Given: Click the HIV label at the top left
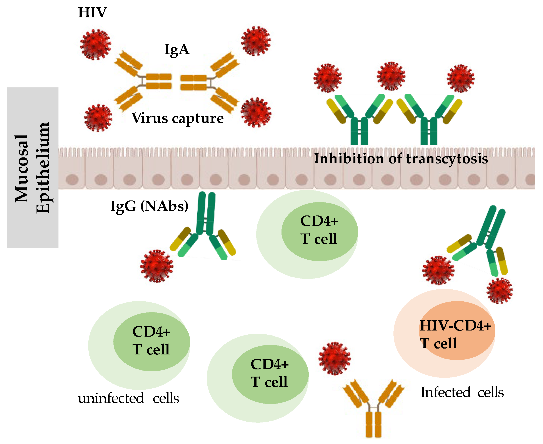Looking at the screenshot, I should coord(92,13).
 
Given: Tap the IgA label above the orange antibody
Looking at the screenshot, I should coord(177,50).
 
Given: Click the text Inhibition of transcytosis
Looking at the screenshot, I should coord(401,159).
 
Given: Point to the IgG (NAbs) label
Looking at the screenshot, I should coord(149,206).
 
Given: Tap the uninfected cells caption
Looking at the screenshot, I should coord(128,399).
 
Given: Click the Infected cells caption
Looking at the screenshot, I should coord(462,392).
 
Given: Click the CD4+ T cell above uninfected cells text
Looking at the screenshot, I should coord(151,341).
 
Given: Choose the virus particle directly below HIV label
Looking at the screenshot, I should coord(96,45).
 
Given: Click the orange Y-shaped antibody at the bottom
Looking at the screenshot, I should coord(373,409).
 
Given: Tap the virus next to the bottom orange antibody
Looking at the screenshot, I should coord(334,359).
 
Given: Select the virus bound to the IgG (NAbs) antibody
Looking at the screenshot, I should coord(157,266).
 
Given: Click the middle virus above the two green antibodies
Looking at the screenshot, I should coord(391,76).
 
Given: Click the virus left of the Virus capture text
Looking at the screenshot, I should coord(98,118).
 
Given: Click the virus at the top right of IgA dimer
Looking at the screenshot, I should coord(256,41).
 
